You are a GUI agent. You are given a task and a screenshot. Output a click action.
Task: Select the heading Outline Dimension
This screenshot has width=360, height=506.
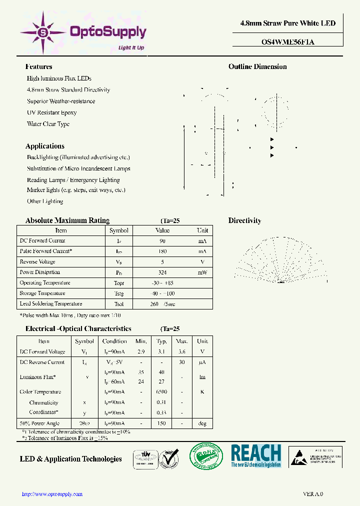pyautogui.click(x=257, y=66)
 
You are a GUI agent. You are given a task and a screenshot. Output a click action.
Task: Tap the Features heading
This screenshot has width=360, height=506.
pyautogui.click(x=38, y=66)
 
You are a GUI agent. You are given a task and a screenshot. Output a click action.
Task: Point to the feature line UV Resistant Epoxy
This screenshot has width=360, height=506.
pyautogui.click(x=51, y=112)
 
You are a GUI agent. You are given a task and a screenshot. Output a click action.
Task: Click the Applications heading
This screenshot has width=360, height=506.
pyautogui.click(x=44, y=146)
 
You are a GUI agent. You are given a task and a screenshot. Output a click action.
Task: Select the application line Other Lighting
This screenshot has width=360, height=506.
pyautogui.click(x=45, y=201)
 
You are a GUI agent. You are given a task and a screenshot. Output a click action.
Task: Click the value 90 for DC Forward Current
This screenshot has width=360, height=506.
pyautogui.click(x=162, y=241)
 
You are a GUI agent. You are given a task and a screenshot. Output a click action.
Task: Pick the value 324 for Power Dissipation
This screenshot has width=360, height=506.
pyautogui.click(x=162, y=272)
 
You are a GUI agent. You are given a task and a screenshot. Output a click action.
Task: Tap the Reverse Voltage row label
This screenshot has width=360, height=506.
pyautogui.click(x=37, y=262)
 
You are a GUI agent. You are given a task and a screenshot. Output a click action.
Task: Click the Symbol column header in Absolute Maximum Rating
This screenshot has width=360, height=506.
pyautogui.click(x=119, y=230)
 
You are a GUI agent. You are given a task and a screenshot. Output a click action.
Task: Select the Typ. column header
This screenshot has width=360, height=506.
pyautogui.click(x=161, y=341)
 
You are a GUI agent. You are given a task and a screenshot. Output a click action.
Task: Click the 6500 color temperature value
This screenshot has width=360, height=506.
pyautogui.click(x=161, y=392)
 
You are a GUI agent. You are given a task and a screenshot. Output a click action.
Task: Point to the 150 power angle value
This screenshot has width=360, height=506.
pyautogui.click(x=161, y=423)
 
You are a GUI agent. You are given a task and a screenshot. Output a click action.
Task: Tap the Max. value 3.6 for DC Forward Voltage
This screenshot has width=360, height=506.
pyautogui.click(x=182, y=352)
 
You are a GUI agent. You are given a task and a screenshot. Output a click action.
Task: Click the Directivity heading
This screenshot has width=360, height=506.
pyautogui.click(x=244, y=220)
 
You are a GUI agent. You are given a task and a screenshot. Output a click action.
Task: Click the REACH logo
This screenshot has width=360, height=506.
pyautogui.click(x=256, y=455)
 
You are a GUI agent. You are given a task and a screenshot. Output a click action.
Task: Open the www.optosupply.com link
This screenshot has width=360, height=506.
pyautogui.click(x=52, y=494)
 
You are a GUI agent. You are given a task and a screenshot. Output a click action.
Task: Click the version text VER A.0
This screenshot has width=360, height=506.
pyautogui.click(x=313, y=494)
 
